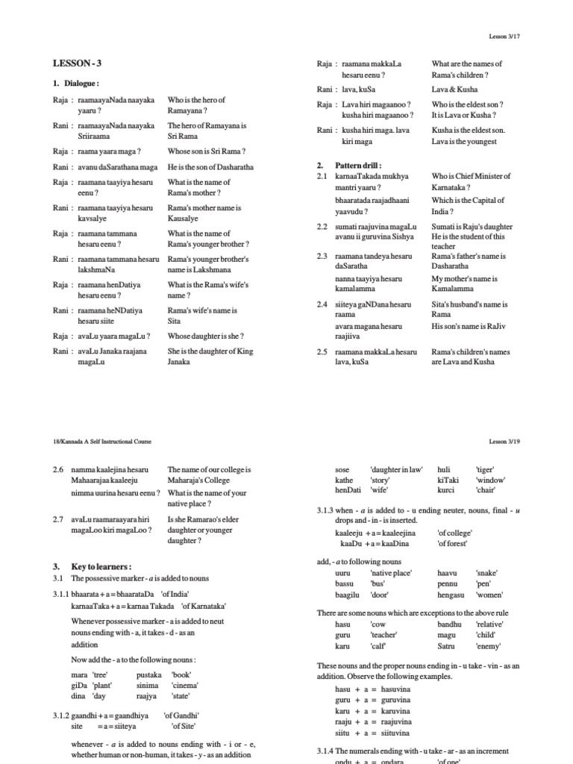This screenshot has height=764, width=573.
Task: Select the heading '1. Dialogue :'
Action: [x=76, y=84]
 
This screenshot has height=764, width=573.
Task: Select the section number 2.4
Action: [x=322, y=304]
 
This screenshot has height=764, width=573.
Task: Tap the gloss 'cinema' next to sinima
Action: [x=186, y=684]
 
